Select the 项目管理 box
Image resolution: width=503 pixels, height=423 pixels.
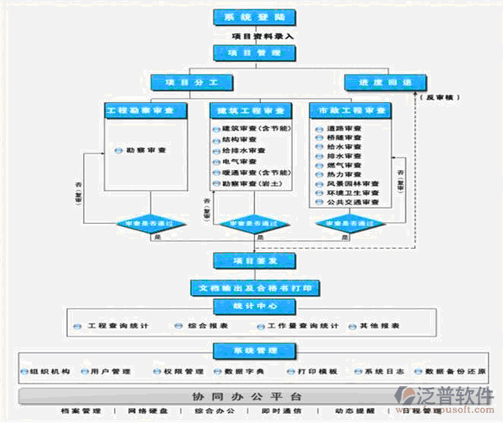(242, 52)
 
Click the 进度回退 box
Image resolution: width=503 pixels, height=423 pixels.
(376, 82)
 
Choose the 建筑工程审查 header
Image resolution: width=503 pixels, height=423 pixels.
(248, 111)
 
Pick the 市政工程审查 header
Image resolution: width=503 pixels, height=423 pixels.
(349, 111)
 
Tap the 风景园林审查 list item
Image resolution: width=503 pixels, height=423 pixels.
(345, 183)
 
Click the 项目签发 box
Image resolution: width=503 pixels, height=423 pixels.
(242, 260)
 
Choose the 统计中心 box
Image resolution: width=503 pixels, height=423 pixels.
(242, 306)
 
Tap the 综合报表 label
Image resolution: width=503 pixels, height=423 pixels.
(205, 325)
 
